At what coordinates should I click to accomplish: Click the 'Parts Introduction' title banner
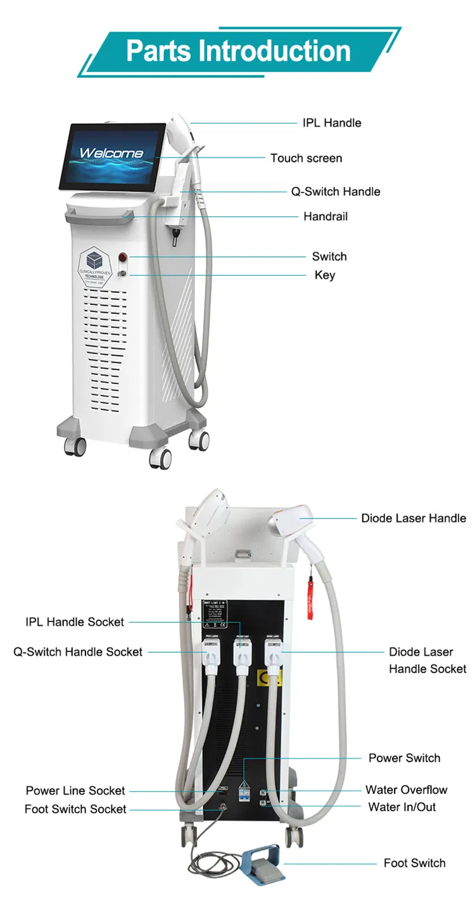point(238,51)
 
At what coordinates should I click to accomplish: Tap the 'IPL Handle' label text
point(331,123)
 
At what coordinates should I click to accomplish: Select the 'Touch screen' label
point(306,158)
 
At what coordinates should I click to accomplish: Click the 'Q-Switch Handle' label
point(335,191)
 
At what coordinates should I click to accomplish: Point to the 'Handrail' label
point(325,216)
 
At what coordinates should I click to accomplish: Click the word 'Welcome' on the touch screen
point(111,153)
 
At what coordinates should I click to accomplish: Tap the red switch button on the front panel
point(122,257)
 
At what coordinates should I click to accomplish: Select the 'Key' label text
point(325,275)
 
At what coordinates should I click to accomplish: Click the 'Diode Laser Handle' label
point(413,518)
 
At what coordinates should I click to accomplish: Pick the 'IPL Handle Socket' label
point(75,622)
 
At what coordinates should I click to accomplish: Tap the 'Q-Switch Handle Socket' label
point(78,651)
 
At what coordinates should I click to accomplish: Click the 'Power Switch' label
point(404,758)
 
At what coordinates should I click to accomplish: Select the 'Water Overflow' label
point(406,789)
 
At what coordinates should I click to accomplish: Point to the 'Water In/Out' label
point(402,807)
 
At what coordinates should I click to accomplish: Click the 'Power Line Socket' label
point(75,791)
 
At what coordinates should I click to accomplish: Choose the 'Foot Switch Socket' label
point(75,809)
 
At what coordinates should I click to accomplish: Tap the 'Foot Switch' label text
point(414,863)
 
